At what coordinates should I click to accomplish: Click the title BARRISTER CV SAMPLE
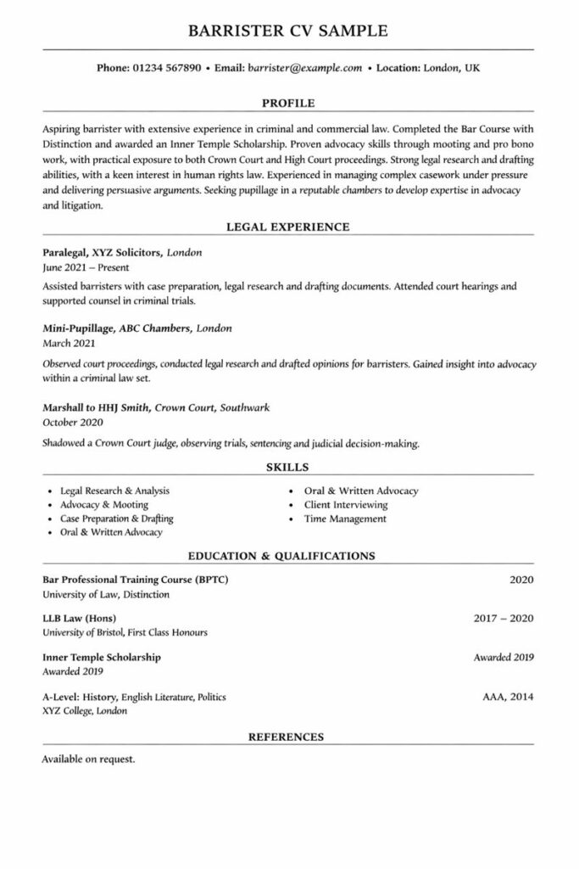[288, 31]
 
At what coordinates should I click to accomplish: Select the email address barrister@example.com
[305, 67]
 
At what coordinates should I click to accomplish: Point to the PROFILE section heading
[288, 104]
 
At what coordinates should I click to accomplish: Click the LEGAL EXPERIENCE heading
[288, 227]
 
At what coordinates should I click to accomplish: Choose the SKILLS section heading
[288, 467]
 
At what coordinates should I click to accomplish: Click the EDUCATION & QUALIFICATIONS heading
[281, 557]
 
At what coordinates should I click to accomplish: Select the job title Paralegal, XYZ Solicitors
[101, 253]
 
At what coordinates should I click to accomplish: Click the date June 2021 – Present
[81, 267]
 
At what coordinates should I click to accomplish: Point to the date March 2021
[69, 343]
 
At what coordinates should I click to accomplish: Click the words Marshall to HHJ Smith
[96, 407]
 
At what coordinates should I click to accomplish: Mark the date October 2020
[72, 422]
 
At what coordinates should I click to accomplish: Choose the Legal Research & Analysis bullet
[114, 491]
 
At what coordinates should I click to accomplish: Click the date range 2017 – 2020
[504, 618]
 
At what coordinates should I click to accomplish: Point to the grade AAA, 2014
[508, 697]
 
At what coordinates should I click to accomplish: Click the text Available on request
[88, 759]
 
